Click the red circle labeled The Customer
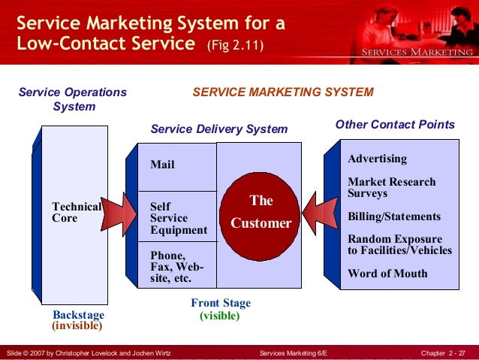[261, 212]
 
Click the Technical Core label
[76, 212]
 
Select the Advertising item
[378, 159]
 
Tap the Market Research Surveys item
[391, 187]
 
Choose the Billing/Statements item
[394, 216]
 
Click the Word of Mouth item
[387, 274]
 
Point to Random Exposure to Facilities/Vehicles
[399, 244]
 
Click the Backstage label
[79, 314]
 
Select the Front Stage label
[221, 304]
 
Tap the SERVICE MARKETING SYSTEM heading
[283, 92]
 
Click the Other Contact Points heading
[395, 125]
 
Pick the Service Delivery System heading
[219, 129]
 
